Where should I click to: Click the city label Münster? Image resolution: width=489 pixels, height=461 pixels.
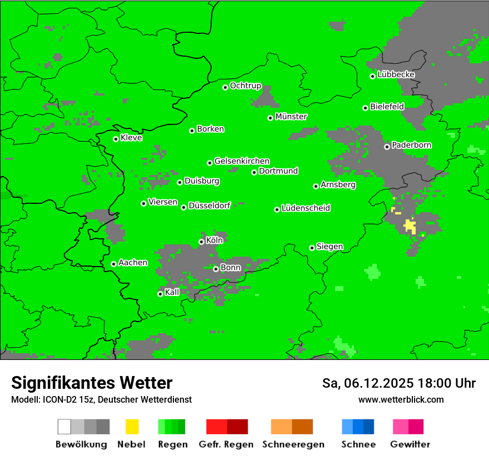(291, 117)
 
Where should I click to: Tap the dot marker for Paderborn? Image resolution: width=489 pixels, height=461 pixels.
(387, 147)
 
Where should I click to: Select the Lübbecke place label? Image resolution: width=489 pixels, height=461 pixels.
(396, 74)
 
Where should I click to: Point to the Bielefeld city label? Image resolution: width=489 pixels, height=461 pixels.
(387, 107)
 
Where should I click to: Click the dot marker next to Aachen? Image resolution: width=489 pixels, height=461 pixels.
(113, 264)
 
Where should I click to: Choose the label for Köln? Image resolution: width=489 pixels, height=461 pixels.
(214, 240)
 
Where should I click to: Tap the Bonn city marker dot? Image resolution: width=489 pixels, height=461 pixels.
(216, 269)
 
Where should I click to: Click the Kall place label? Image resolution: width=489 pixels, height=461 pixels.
(172, 292)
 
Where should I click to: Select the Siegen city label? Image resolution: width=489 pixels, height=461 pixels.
(330, 247)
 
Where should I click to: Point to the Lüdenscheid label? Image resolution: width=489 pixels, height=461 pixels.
(306, 208)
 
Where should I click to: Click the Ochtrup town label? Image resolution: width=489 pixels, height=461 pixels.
(246, 86)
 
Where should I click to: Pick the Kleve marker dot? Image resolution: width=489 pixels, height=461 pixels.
(116, 139)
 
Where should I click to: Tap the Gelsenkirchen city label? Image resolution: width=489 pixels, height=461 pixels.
(242, 161)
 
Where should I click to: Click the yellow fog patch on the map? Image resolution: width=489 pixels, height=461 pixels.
(410, 225)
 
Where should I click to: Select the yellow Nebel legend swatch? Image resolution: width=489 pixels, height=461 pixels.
(132, 427)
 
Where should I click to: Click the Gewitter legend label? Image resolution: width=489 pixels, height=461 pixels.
(410, 444)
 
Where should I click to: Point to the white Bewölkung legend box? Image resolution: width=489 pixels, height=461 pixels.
(64, 427)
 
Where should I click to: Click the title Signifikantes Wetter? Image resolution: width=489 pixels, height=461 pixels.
(92, 383)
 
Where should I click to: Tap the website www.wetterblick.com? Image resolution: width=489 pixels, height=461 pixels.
(401, 399)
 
